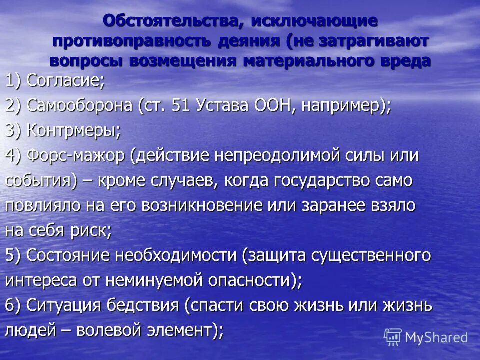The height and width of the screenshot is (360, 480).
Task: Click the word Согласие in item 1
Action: (x=65, y=80)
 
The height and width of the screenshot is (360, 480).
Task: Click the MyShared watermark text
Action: (x=436, y=337)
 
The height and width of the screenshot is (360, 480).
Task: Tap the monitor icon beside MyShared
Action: (x=393, y=337)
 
